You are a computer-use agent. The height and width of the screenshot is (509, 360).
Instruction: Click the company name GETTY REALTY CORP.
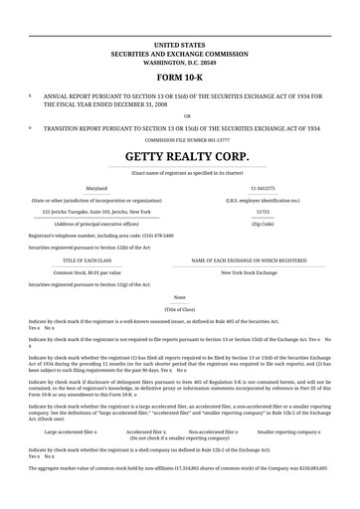point(180,157)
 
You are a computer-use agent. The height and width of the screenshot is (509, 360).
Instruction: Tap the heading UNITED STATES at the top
point(180,46)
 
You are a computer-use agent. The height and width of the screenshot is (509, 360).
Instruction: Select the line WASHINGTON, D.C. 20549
point(180,62)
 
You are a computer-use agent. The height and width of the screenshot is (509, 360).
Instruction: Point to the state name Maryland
point(96,187)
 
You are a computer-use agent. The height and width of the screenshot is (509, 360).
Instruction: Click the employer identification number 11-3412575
point(263,187)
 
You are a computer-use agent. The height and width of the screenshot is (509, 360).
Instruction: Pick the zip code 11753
point(263,211)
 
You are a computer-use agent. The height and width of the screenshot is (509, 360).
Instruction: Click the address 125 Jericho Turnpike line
point(96,211)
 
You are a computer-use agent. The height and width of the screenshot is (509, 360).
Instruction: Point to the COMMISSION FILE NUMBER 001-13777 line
point(180,139)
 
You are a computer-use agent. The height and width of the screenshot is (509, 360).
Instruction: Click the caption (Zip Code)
point(263,224)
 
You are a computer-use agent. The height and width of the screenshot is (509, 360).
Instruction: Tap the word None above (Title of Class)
point(180,297)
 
